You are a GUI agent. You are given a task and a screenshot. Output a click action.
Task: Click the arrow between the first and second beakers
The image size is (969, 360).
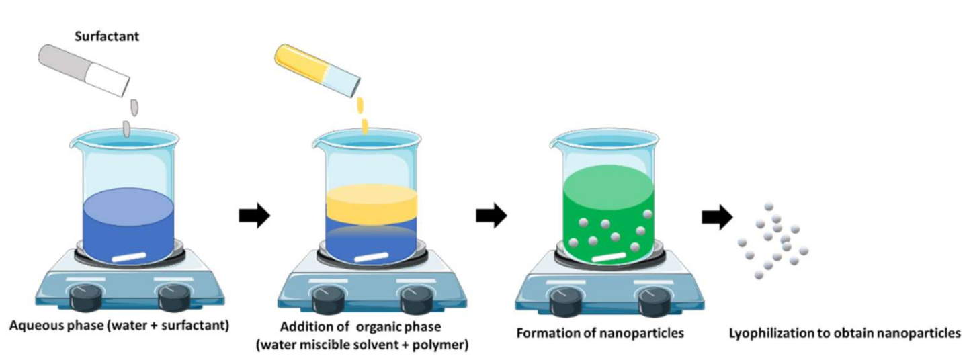255,216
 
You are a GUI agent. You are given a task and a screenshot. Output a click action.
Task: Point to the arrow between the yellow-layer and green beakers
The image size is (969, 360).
491,216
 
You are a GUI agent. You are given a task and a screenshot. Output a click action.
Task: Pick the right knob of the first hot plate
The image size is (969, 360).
171,296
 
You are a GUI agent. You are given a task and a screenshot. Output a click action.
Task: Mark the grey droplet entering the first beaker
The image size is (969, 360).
126,128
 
